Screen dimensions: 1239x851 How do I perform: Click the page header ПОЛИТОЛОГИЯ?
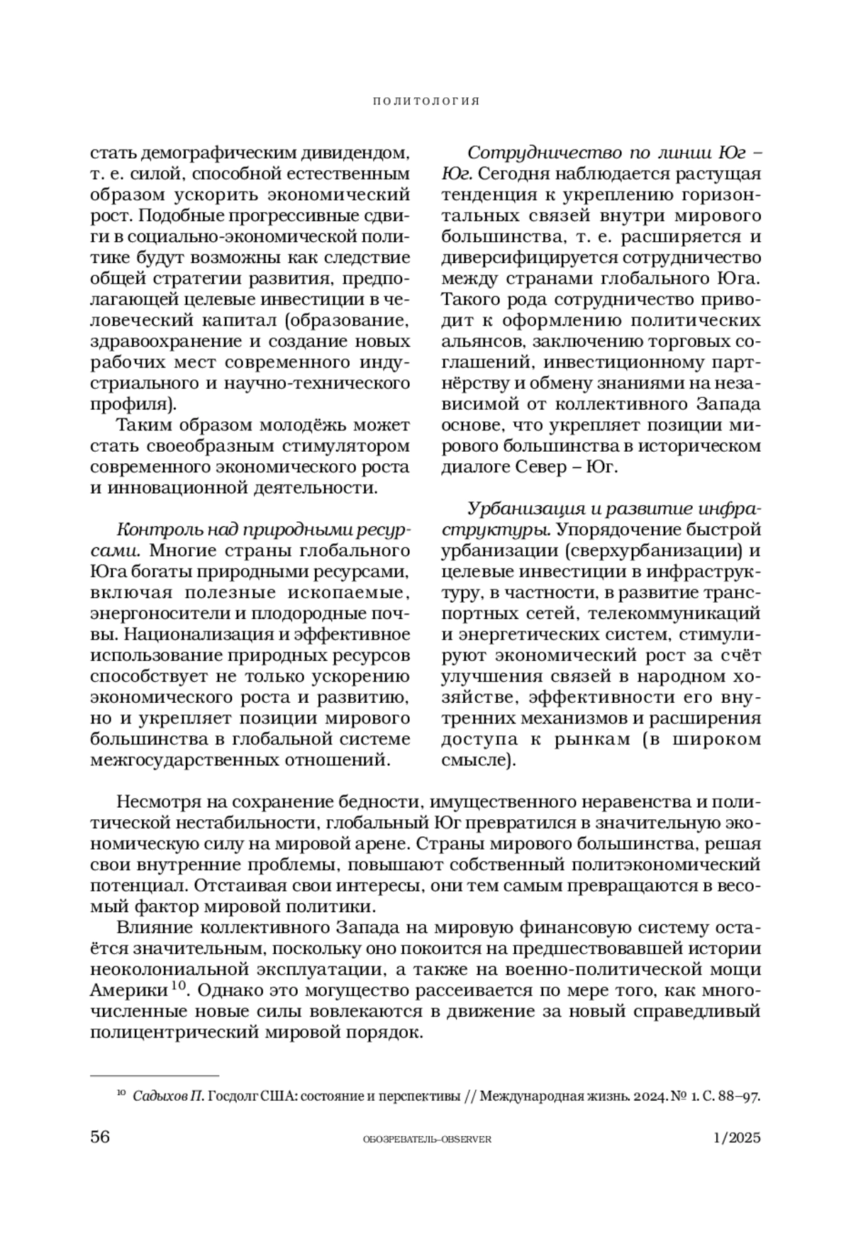(425, 101)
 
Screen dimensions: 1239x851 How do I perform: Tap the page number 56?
(100, 1138)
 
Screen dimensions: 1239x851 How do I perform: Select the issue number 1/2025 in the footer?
(737, 1138)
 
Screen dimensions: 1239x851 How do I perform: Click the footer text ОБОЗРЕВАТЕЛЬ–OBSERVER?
(426, 1139)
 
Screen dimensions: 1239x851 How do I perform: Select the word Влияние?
(152, 928)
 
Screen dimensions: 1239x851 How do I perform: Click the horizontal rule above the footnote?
(155, 1075)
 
